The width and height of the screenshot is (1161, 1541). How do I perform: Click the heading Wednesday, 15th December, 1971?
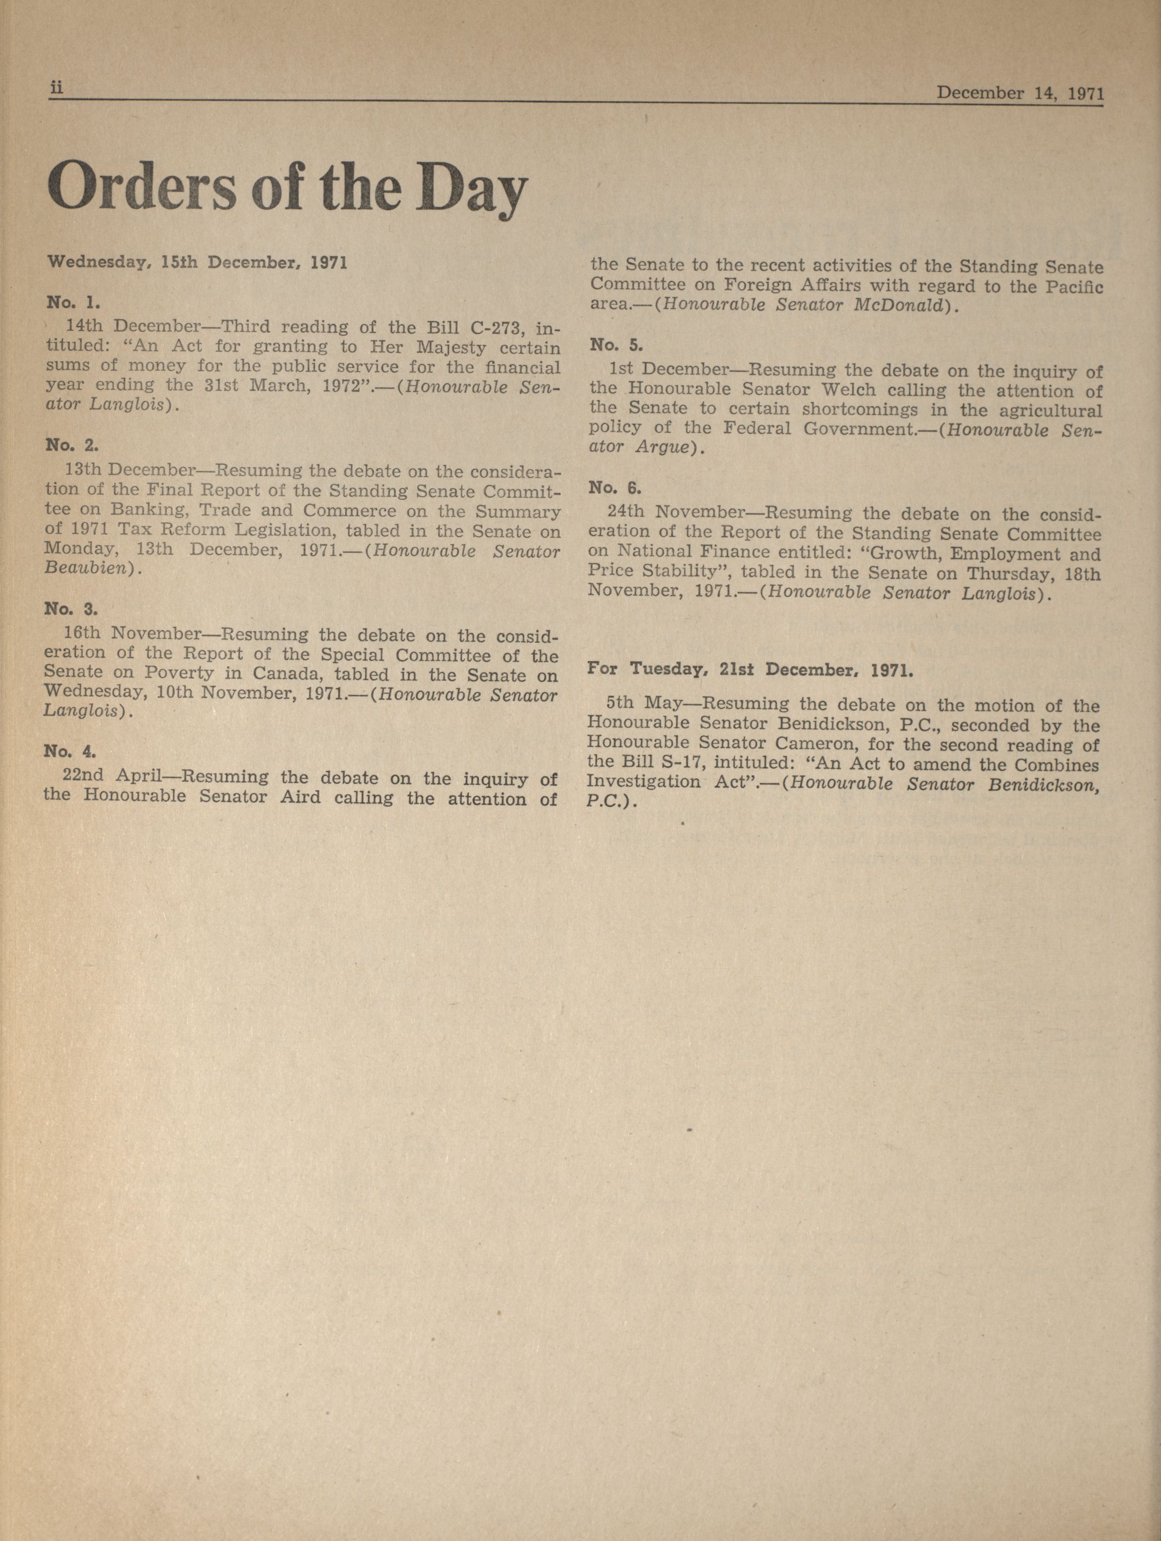tap(197, 263)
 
